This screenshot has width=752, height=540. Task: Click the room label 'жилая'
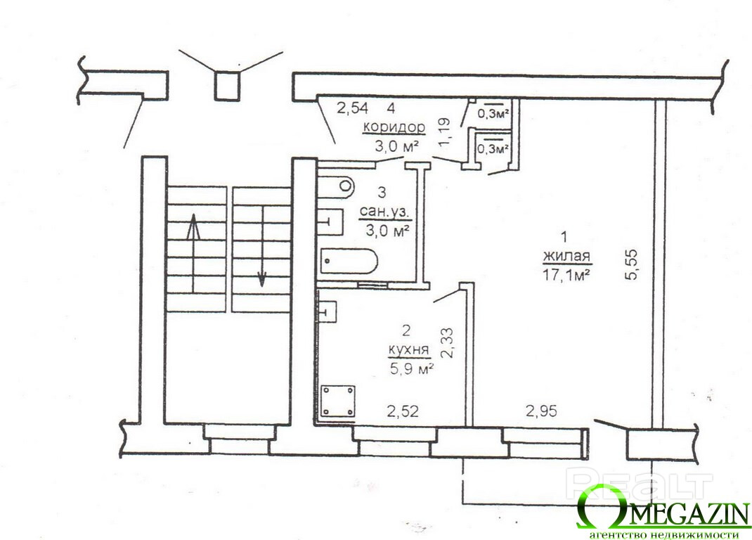point(566,256)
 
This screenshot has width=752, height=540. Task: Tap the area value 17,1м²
point(566,276)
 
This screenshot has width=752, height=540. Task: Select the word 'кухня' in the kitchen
point(408,349)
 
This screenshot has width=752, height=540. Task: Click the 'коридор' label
point(394,127)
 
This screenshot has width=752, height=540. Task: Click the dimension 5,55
point(632,264)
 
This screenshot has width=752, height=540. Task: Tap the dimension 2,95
point(541,411)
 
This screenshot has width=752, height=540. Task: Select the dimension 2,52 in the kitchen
point(403,411)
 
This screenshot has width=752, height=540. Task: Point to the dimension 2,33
point(448,342)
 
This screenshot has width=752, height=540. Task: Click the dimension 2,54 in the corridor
point(353,108)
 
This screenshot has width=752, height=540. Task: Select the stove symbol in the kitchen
point(338,401)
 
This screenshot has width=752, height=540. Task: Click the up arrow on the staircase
point(193,253)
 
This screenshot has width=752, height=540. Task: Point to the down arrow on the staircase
point(262,247)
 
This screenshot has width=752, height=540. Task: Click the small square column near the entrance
point(226,86)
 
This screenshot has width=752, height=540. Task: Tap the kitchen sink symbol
point(328,311)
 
